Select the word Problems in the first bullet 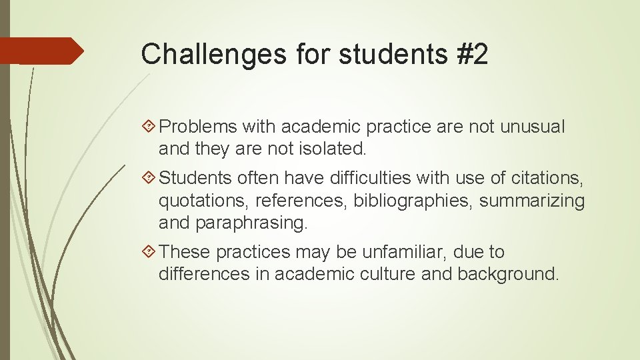click(199, 126)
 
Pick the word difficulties click(359, 178)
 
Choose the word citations click(545, 178)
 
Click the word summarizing click(532, 201)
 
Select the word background click(507, 275)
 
